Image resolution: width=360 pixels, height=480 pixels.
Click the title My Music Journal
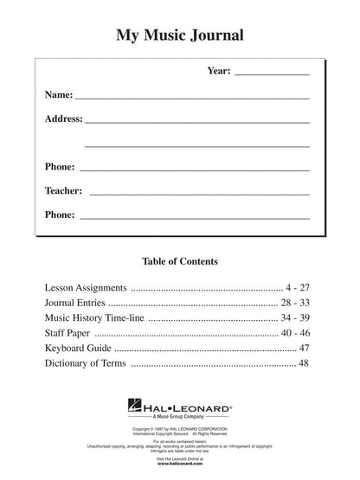(180, 36)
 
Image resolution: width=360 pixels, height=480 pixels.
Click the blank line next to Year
(272, 74)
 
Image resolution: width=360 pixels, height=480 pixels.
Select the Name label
(57, 94)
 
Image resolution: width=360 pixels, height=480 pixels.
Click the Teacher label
(63, 189)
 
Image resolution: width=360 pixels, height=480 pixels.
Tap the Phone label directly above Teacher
(59, 165)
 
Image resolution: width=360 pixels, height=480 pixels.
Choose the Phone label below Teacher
(59, 214)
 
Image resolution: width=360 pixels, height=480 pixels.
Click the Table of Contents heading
(180, 260)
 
